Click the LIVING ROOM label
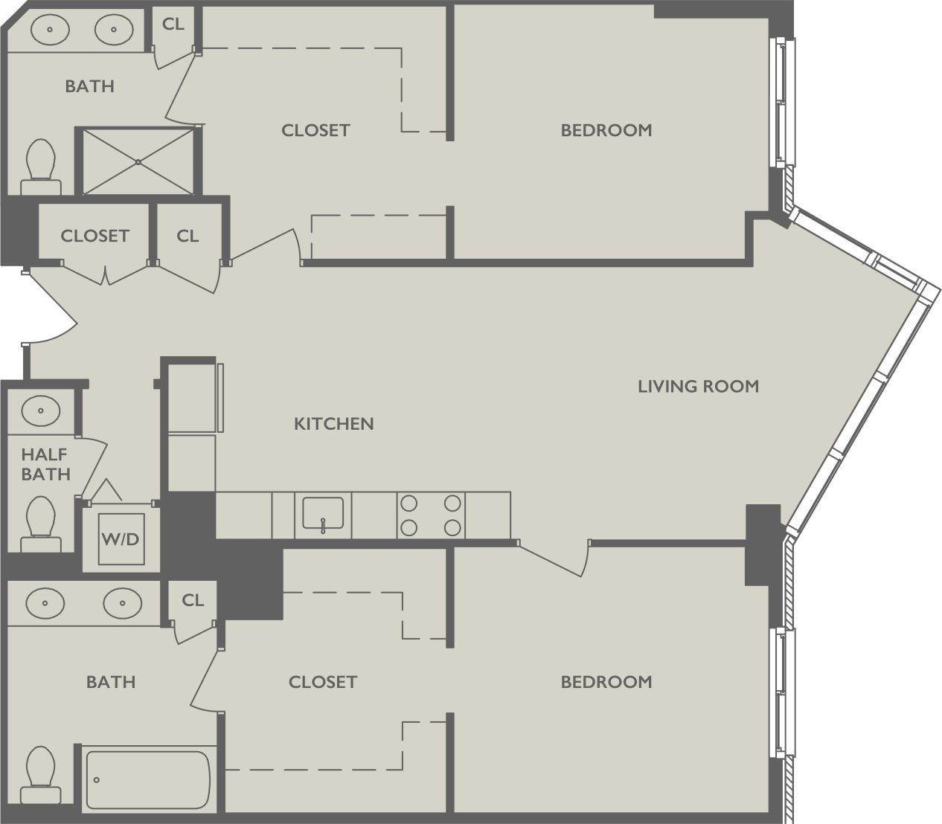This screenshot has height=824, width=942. coord(698,386)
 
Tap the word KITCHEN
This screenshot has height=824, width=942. coord(333,424)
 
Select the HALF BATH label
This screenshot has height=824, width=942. coord(45,464)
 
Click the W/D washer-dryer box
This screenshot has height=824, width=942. coord(121,538)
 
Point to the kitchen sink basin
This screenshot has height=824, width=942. coord(323,513)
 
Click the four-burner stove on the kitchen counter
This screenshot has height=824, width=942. coord(431,515)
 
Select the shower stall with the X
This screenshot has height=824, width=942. coord(138,161)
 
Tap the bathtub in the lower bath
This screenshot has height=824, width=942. coord(148,779)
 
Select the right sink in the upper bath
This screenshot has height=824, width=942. coord(114,30)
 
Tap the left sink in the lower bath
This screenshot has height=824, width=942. coord(45,602)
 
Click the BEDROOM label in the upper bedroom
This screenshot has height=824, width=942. coord(606,130)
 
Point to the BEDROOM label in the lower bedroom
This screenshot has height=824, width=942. coord(606,682)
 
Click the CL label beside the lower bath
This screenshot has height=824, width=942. coord(193,600)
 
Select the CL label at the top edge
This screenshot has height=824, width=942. coord(173,24)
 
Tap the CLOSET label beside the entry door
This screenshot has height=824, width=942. coord(94,236)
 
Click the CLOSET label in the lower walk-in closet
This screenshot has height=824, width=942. coord(322,682)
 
